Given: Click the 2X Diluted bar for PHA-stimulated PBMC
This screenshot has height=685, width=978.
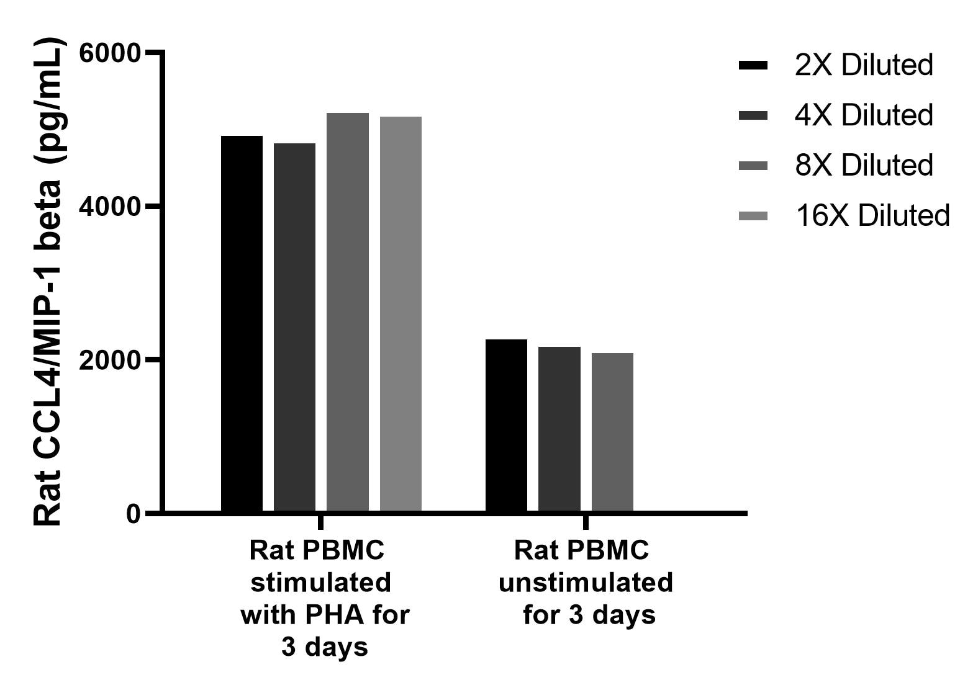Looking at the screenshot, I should [x=242, y=323].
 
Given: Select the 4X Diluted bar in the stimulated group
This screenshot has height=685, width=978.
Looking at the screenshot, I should [x=294, y=327].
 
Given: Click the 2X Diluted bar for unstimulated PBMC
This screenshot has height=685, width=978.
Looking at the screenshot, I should [x=506, y=426].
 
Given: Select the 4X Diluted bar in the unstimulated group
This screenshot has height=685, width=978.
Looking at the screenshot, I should [x=559, y=429].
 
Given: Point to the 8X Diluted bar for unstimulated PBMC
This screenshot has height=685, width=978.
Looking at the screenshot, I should [x=612, y=432].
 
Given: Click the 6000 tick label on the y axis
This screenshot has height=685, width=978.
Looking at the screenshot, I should [x=111, y=53].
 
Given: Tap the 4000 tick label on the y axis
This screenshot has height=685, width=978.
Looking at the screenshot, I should [x=111, y=207].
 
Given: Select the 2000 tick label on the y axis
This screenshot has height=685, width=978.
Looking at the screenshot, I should [x=111, y=360].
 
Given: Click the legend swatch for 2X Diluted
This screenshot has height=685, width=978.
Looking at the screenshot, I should [x=753, y=65].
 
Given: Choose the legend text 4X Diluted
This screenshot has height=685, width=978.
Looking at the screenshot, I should [x=863, y=115].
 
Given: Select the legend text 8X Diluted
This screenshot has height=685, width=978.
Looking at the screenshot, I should [x=863, y=166].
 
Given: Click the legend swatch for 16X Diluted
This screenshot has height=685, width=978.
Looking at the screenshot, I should [x=753, y=216].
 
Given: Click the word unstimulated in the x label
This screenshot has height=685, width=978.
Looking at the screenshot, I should [x=586, y=583].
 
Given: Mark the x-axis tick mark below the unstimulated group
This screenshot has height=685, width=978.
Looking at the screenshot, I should [x=586, y=521].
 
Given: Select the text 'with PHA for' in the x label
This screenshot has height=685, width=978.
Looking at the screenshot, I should [x=325, y=615].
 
